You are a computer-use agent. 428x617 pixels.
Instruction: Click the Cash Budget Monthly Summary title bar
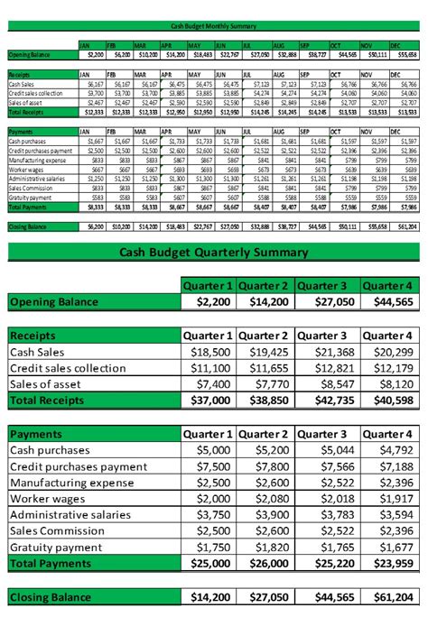click(x=214, y=26)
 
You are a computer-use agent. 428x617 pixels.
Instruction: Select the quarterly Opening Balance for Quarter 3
click(x=327, y=302)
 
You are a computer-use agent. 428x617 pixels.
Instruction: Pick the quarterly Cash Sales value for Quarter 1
click(x=209, y=351)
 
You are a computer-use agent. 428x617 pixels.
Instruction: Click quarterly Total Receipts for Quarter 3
click(x=327, y=400)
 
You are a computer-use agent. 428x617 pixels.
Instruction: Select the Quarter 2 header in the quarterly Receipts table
click(x=267, y=335)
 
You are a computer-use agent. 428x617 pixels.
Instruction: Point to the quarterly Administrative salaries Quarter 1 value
click(x=209, y=514)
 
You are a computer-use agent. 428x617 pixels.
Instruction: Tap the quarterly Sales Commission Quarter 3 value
click(x=327, y=530)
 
